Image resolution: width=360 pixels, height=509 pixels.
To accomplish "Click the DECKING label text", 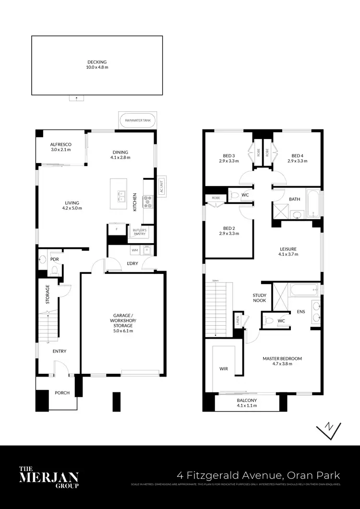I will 97,62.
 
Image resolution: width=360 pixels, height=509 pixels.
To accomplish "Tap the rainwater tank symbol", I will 137,120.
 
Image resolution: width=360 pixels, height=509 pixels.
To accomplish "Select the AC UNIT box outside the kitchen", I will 161,186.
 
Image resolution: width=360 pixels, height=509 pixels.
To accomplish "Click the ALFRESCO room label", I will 60,144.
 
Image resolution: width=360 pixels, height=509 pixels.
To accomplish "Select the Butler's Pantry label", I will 140,232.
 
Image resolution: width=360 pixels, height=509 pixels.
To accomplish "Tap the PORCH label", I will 62,393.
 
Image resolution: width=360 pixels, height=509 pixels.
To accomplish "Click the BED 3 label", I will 229,155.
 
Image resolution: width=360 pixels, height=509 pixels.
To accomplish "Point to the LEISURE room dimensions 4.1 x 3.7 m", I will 289,254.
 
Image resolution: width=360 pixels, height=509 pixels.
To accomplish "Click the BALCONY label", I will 247,401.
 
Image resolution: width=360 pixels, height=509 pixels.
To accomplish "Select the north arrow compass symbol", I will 329,428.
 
